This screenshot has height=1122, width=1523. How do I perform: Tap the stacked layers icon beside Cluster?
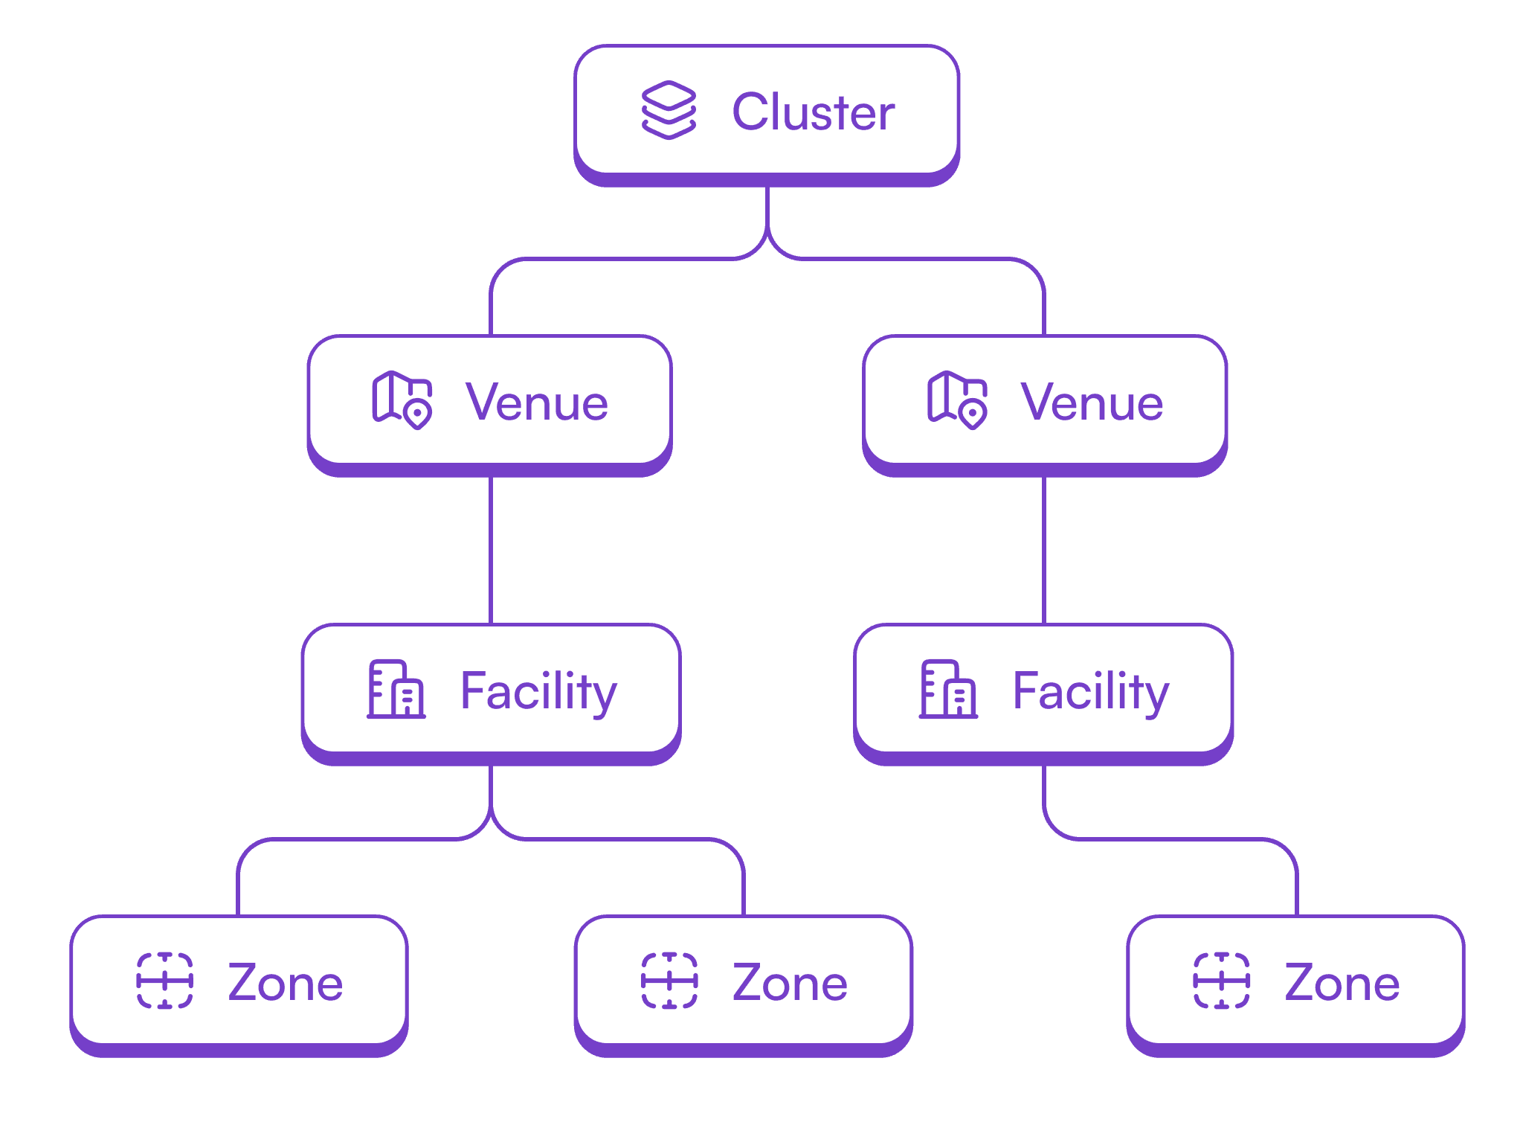[x=669, y=110]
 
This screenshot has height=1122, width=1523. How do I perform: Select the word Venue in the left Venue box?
[x=537, y=402]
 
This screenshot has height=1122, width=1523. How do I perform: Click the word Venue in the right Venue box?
[x=1092, y=402]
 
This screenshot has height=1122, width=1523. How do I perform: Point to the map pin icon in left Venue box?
[x=402, y=400]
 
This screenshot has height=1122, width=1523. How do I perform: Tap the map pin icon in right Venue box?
[x=957, y=400]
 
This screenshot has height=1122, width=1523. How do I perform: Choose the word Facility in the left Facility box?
[x=538, y=692]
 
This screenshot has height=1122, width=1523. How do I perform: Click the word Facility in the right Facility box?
[x=1091, y=692]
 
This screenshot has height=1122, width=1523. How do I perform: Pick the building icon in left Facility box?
[x=396, y=689]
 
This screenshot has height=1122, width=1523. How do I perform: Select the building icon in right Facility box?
[x=949, y=689]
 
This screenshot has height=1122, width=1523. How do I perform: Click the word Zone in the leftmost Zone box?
[x=286, y=982]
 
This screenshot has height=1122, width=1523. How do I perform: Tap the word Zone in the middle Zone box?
[x=790, y=982]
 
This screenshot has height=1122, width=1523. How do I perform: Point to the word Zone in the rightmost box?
[x=1342, y=982]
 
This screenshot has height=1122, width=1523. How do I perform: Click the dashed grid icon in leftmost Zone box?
[x=165, y=981]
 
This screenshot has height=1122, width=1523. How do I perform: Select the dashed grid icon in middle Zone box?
[x=669, y=981]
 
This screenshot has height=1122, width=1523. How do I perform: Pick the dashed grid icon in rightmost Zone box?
[x=1222, y=981]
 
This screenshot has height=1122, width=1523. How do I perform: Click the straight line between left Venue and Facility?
[x=492, y=551]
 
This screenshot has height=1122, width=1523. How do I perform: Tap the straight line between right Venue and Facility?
[x=1045, y=551]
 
